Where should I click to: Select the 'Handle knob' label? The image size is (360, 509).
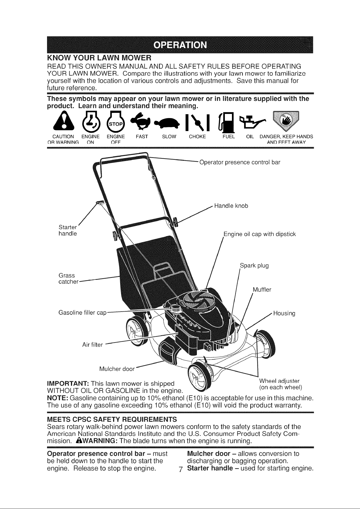point(231,206)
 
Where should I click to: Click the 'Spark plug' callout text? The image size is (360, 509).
point(255,266)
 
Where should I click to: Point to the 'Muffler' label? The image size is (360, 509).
point(262,290)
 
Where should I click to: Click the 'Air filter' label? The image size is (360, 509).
point(92,345)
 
